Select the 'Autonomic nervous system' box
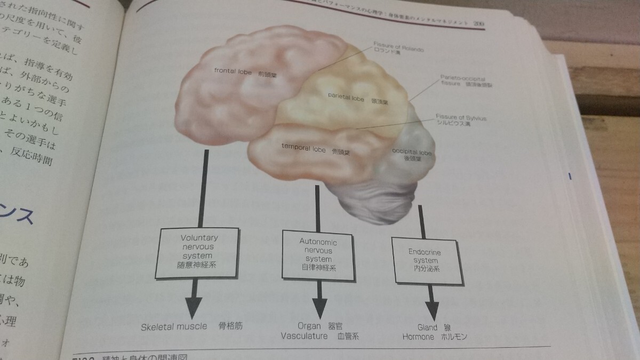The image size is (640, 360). pos(318,254)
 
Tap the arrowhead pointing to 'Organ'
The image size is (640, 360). pos(319,308)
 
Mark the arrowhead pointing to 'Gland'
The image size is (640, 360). pos(431,309)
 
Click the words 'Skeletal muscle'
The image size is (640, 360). pos(173,326)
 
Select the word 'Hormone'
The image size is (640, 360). pos(418,337)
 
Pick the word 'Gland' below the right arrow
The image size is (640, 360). pos(427,327)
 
